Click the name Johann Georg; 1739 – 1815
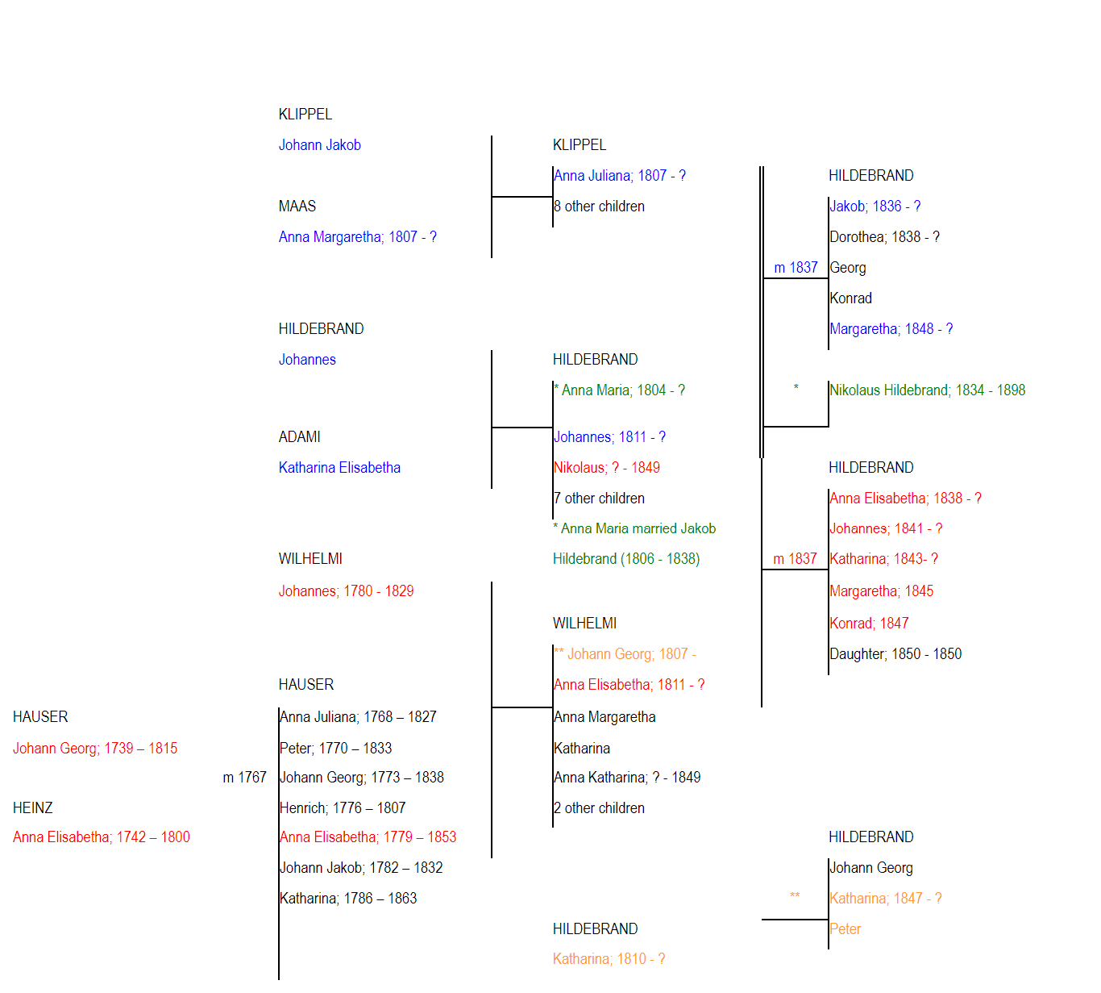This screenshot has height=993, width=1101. click(95, 749)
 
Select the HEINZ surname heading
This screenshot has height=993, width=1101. click(33, 807)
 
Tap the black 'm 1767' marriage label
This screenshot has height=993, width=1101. click(244, 778)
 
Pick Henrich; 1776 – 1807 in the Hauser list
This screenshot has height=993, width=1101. click(343, 807)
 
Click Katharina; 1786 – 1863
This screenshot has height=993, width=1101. click(348, 898)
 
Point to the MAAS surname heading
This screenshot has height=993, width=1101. click(297, 206)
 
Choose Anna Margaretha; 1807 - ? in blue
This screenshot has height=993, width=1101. click(357, 237)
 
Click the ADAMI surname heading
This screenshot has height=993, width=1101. click(299, 437)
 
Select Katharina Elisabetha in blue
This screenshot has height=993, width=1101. click(339, 468)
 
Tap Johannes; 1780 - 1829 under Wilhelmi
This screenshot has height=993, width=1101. click(346, 590)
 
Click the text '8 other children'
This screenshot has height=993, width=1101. click(599, 206)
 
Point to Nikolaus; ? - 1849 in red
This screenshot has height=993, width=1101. click(606, 468)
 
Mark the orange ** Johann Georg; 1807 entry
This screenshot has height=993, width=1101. click(625, 654)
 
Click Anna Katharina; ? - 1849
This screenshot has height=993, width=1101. click(627, 778)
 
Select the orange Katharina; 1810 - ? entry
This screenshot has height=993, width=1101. click(609, 959)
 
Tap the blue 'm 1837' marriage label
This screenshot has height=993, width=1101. click(796, 268)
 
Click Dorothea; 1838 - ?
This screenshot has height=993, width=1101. click(884, 237)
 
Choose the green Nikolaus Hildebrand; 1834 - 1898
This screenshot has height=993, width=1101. click(927, 390)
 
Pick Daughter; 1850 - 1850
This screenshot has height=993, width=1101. click(895, 654)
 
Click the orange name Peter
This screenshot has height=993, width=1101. click(845, 928)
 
